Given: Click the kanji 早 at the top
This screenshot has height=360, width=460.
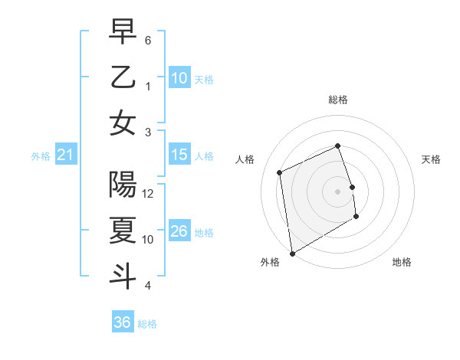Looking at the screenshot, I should [123, 32].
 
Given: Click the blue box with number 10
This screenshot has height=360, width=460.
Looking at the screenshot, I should [179, 78].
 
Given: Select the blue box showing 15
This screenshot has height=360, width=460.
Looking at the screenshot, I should [179, 155].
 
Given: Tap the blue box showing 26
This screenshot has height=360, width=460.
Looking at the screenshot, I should [179, 231].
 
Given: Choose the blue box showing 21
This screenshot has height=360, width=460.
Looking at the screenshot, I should [65, 155].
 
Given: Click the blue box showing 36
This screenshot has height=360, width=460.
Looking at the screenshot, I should [123, 322].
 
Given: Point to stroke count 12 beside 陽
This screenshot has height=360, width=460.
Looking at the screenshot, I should [149, 194].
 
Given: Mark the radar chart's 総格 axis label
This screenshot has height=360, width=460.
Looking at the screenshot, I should [338, 100].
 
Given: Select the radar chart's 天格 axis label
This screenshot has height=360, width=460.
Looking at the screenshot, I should [432, 159].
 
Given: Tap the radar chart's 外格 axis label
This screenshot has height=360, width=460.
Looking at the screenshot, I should [270, 262].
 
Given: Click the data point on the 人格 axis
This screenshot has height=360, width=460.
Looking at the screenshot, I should [280, 172].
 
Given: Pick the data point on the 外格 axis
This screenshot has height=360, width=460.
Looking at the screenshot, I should [292, 253].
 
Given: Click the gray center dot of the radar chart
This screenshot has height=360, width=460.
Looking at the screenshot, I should [338, 191].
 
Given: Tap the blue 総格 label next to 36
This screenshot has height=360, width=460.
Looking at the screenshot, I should [147, 324].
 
